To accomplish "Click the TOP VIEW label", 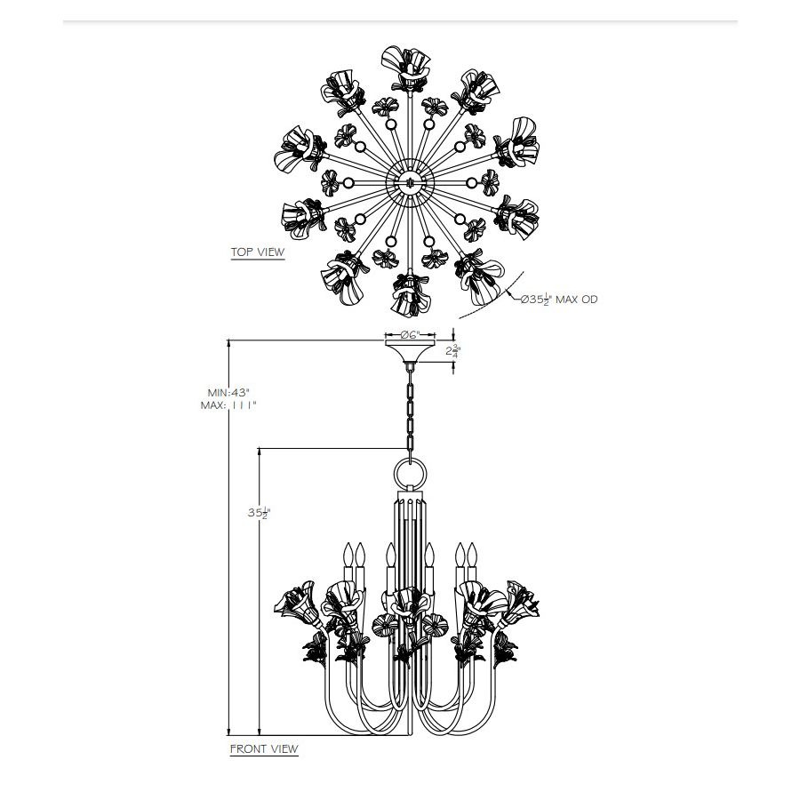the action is pyautogui.click(x=258, y=252).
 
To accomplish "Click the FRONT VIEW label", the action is pyautogui.click(x=264, y=749).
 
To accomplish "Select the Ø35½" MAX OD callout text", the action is pyautogui.click(x=559, y=299).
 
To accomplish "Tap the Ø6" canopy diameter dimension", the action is pyautogui.click(x=410, y=335).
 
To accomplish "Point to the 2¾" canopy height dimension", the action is pyautogui.click(x=452, y=351).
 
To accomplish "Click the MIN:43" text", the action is pyautogui.click(x=228, y=393).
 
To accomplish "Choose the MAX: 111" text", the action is pyautogui.click(x=228, y=405).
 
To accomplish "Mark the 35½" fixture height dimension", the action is pyautogui.click(x=258, y=513).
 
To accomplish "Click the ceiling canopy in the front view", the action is pyautogui.click(x=410, y=351).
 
